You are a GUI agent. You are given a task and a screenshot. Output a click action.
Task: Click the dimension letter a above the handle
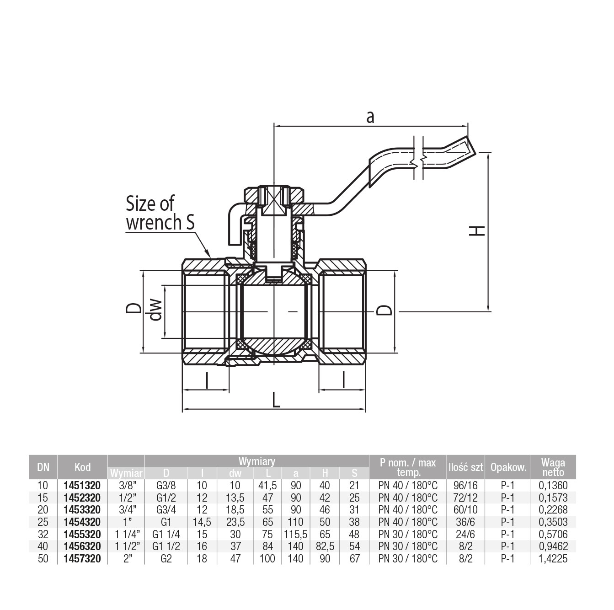pyautogui.click(x=370, y=117)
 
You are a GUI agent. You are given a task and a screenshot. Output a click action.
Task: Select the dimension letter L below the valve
pyautogui.click(x=276, y=401)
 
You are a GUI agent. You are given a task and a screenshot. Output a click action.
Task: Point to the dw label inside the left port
pyautogui.click(x=155, y=310)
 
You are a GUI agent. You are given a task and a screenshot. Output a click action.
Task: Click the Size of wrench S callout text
pyautogui.click(x=160, y=213)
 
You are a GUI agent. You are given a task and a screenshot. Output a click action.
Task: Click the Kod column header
pyautogui.click(x=82, y=467)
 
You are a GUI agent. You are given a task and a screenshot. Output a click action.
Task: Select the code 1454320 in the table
pyautogui.click(x=82, y=522)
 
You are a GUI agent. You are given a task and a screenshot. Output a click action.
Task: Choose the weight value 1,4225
pyautogui.click(x=553, y=558)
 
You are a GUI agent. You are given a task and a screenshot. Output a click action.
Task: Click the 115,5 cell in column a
pyautogui.click(x=296, y=534)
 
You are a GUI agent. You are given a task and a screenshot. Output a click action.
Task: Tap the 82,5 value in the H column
pyautogui.click(x=325, y=546)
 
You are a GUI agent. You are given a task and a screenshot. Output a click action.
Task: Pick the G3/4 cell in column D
pyautogui.click(x=166, y=509)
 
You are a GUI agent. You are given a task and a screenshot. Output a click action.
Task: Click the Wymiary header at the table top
pyautogui.click(x=256, y=461)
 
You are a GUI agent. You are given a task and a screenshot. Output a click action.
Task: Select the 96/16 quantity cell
pyautogui.click(x=465, y=485)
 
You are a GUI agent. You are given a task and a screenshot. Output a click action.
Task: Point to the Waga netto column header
pyautogui.click(x=553, y=467)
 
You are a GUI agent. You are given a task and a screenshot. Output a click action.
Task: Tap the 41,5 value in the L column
pyautogui.click(x=267, y=485)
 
